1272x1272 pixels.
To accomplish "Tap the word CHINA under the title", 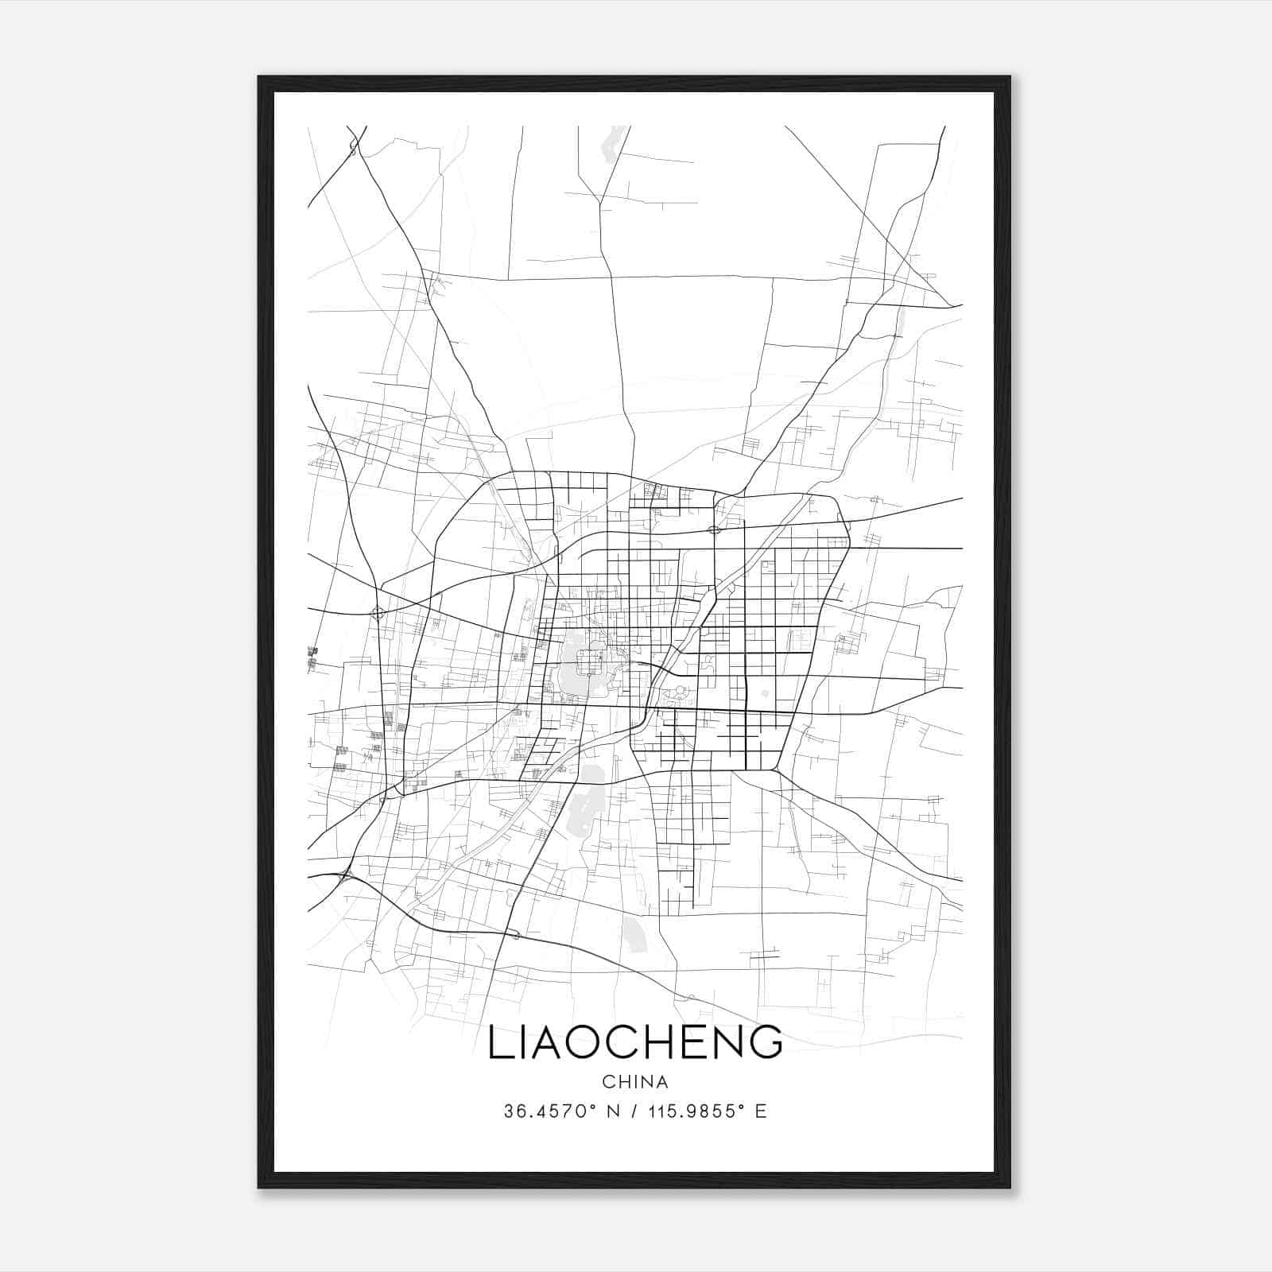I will point(635,1082).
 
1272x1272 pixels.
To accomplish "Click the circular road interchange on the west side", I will point(378,612).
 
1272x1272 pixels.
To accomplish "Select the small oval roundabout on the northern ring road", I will point(713,529).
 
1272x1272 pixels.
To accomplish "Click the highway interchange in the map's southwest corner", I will point(345,876).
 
